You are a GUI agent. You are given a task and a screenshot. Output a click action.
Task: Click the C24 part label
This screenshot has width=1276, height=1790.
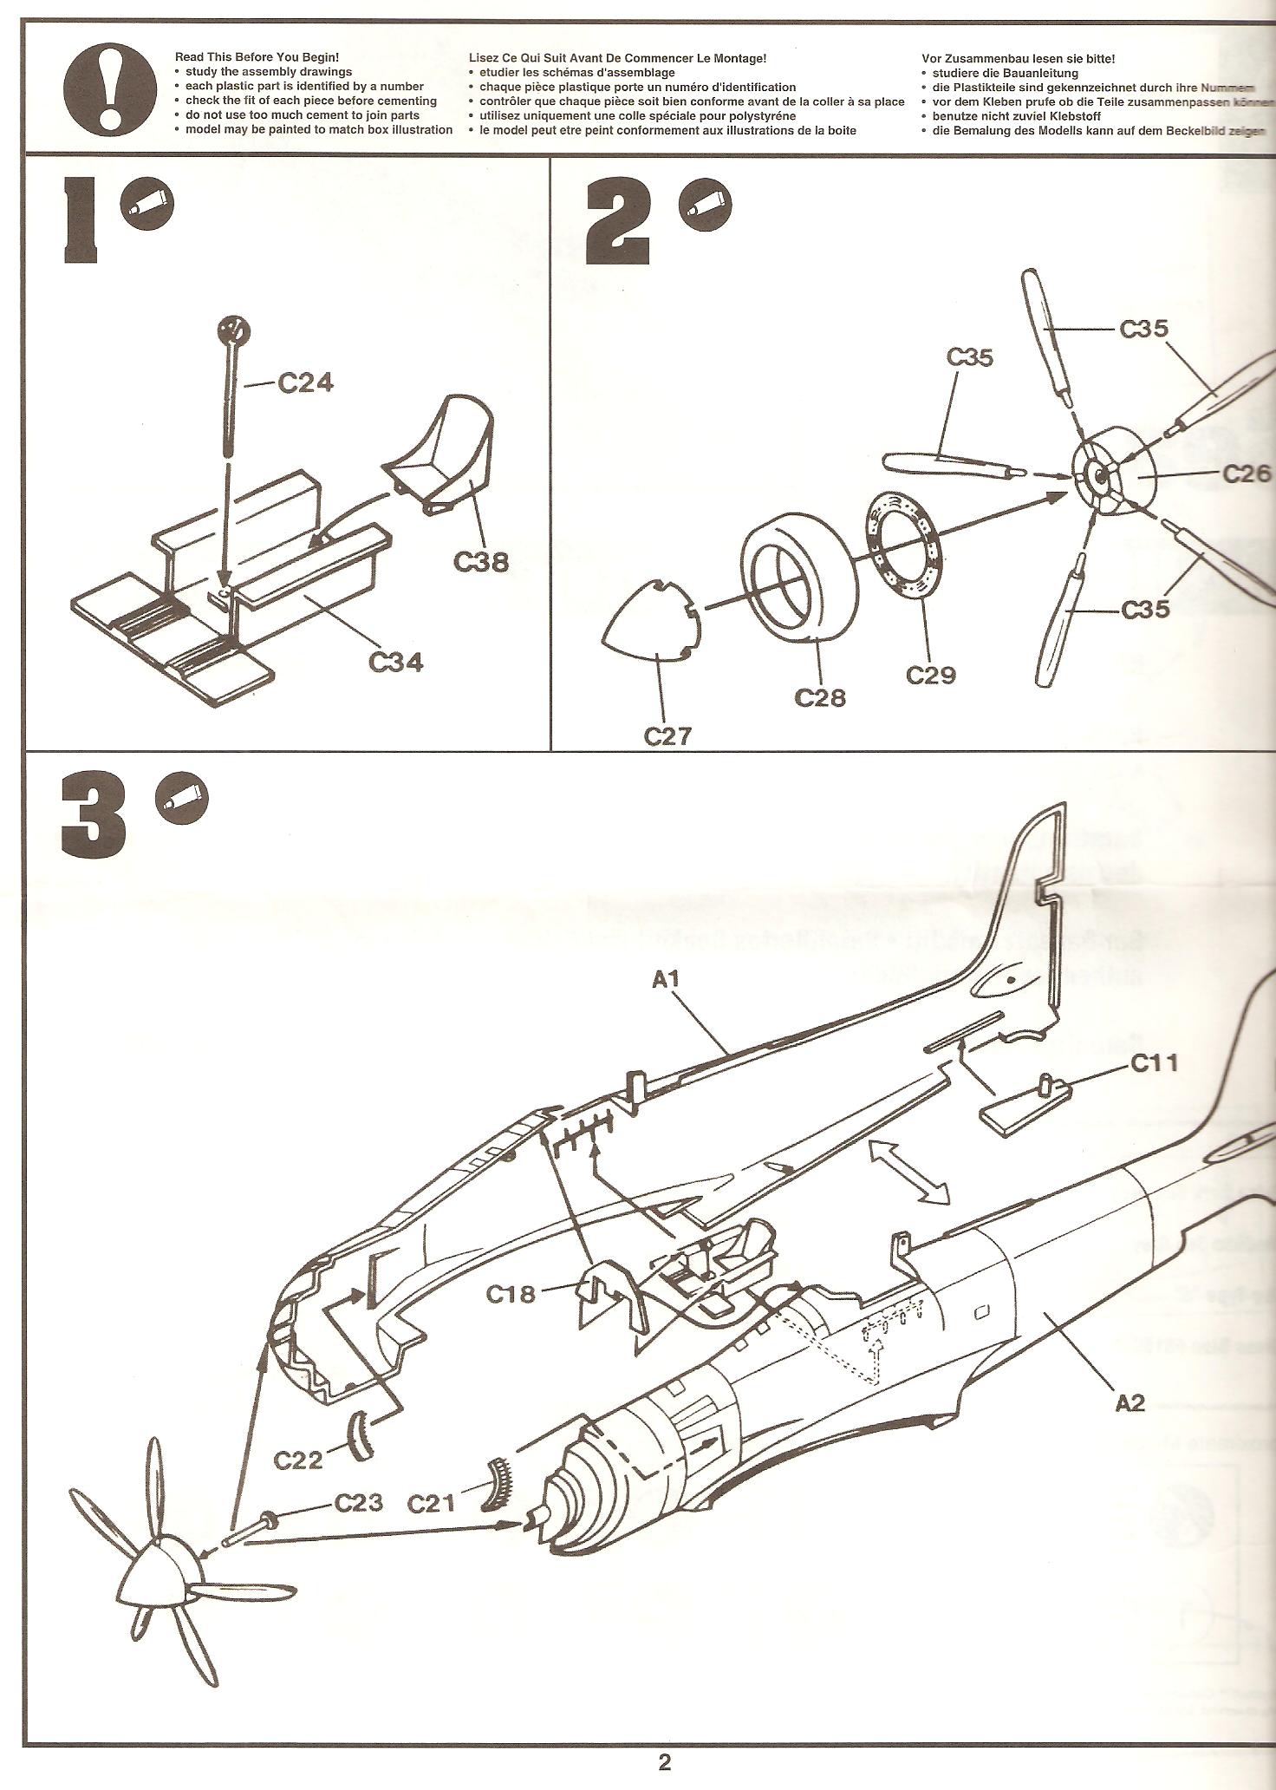coord(305,382)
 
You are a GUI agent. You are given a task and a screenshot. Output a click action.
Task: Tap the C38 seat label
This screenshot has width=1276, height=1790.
coord(481,562)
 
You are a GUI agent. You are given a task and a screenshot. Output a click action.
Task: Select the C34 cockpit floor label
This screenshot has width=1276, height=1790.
coord(396,662)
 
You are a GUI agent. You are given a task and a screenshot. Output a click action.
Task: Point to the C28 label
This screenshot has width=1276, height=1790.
coord(820,696)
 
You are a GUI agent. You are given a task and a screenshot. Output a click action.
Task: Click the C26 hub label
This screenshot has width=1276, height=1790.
coord(1247,474)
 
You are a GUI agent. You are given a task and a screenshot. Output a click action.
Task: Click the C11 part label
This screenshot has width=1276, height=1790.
coord(1155,1063)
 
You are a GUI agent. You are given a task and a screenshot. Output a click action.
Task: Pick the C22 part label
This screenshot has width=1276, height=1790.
coord(298,1460)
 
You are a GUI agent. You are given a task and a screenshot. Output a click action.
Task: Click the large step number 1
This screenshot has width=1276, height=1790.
coord(84,220)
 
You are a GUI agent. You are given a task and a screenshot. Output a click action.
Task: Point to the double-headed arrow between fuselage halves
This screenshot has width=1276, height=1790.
coord(908,1172)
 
